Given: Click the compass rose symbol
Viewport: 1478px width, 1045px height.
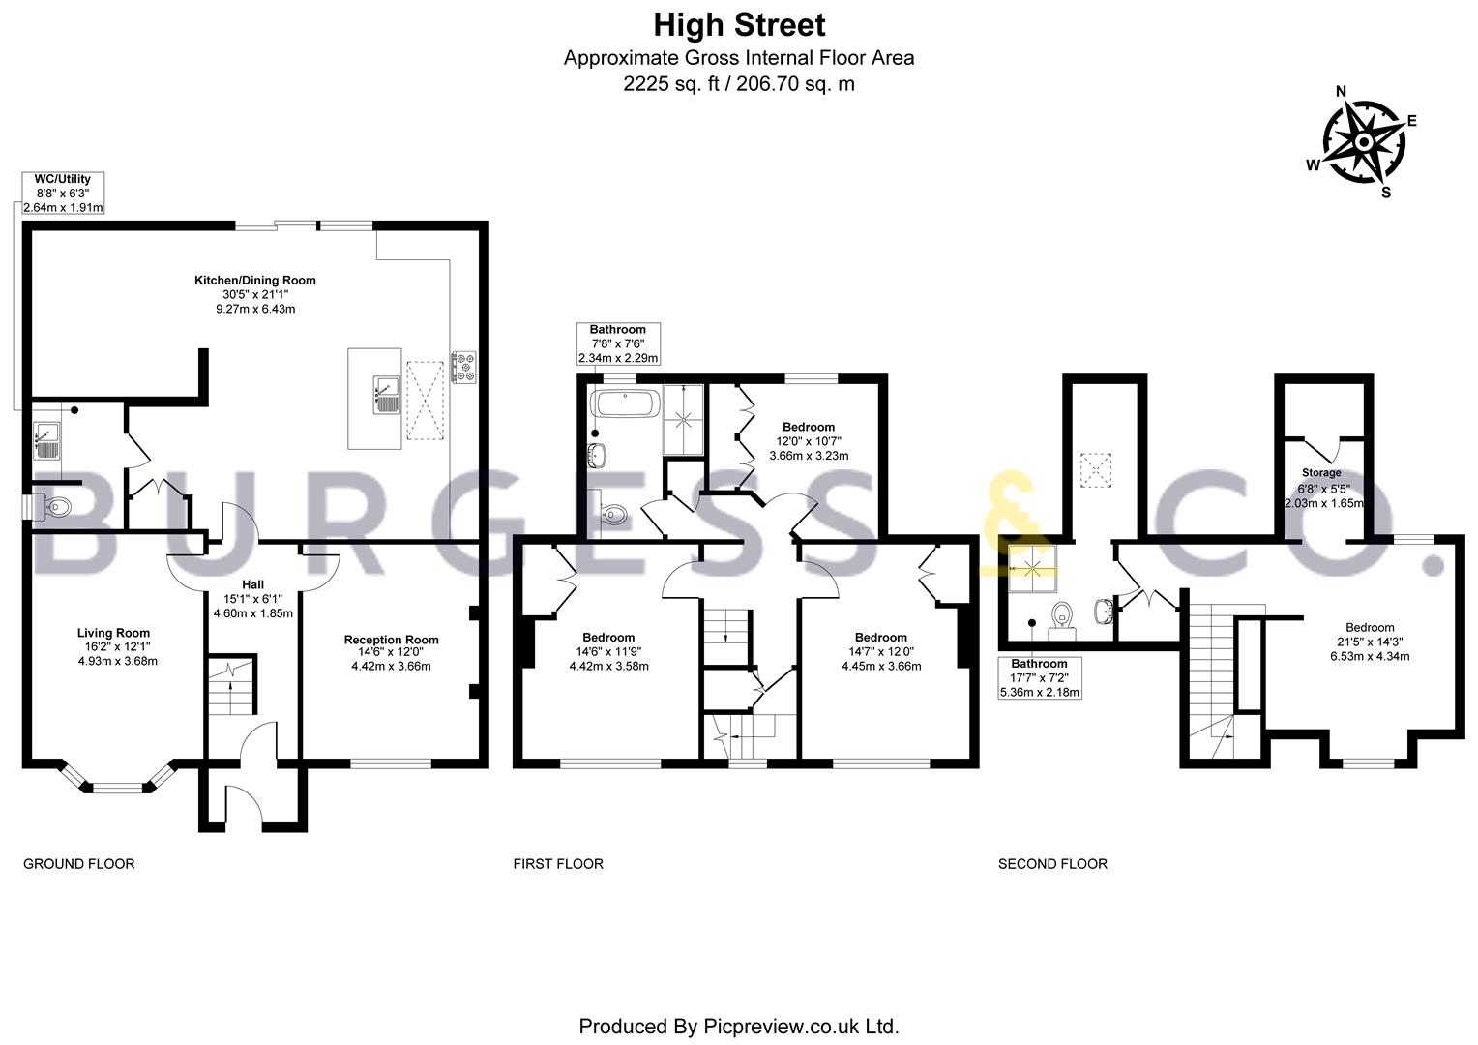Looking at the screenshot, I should [x=1362, y=143].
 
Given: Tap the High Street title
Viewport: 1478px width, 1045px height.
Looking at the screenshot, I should [x=739, y=23].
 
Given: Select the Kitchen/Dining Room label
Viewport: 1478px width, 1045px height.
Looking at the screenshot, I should [x=255, y=280].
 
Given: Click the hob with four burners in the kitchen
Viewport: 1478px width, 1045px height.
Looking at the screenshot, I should [x=463, y=365].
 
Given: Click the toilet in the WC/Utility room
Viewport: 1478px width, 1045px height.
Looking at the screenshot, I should [x=57, y=505].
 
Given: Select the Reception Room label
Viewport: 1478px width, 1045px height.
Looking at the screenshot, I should [x=391, y=640].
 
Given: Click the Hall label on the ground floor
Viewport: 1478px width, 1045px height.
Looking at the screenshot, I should [x=252, y=584].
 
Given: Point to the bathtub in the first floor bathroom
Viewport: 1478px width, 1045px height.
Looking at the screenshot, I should [x=625, y=403].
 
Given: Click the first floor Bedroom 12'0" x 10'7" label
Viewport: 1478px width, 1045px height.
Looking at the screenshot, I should [x=809, y=427].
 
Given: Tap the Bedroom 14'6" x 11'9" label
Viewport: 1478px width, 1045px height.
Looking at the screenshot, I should [x=608, y=637].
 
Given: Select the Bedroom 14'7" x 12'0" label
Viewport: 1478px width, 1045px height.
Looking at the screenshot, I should [x=881, y=637].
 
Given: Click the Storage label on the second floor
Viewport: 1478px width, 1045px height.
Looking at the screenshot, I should [x=1321, y=473].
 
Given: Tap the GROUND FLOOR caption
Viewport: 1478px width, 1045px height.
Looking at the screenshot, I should [x=78, y=863].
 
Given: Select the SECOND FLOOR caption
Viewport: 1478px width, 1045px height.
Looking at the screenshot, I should [x=1052, y=863].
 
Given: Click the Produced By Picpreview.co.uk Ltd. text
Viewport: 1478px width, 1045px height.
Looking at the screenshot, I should [x=739, y=1026].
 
